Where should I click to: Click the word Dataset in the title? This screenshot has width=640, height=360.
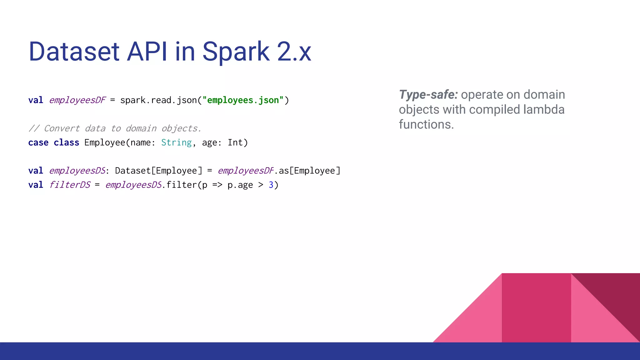coord(74,52)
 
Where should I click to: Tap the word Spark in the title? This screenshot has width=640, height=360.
coord(236,52)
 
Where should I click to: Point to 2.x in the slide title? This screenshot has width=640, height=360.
coord(294,52)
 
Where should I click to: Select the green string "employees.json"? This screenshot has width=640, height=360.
coord(243,100)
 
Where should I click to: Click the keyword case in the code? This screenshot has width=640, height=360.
coord(38,143)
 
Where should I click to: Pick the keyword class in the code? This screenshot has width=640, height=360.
coord(66,143)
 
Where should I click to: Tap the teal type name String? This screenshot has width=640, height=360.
coord(176,143)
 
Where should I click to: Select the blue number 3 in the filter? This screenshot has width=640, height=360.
coord(271,185)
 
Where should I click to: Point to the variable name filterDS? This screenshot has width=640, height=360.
coord(70,185)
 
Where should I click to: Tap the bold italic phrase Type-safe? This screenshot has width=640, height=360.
coord(428,95)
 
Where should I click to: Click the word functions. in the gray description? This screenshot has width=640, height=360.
coord(426,125)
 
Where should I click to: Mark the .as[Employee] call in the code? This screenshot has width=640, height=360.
coord(307,171)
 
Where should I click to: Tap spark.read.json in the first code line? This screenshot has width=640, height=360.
coord(158,100)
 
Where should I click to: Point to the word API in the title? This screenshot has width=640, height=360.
coord(147,52)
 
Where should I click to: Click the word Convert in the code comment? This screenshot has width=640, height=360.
coord(62,128)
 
